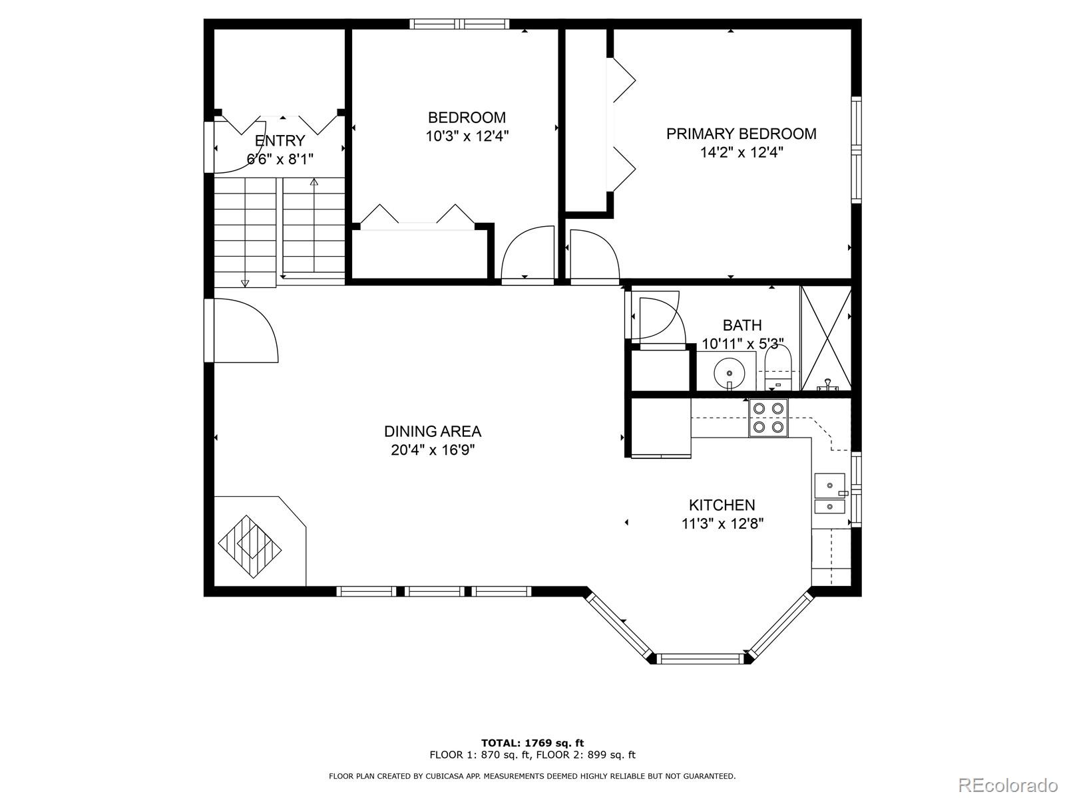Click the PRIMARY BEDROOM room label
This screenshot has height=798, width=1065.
(x=741, y=134)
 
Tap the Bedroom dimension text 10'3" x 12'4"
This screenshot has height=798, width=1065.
(x=467, y=136)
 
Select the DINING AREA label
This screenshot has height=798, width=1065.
(x=433, y=432)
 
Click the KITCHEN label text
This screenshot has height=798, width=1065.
(x=722, y=505)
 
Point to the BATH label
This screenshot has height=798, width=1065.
(x=742, y=325)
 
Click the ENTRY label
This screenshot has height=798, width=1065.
(x=280, y=141)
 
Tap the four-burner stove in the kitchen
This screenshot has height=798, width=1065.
(x=768, y=418)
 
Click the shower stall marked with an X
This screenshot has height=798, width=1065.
(x=825, y=338)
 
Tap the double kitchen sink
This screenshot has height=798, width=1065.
(x=829, y=493)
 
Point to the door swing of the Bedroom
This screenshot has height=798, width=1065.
(x=527, y=255)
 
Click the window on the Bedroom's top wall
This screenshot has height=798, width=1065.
(x=460, y=25)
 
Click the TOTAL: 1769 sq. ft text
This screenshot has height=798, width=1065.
(x=532, y=743)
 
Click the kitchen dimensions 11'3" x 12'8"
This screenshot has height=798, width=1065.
(x=722, y=523)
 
